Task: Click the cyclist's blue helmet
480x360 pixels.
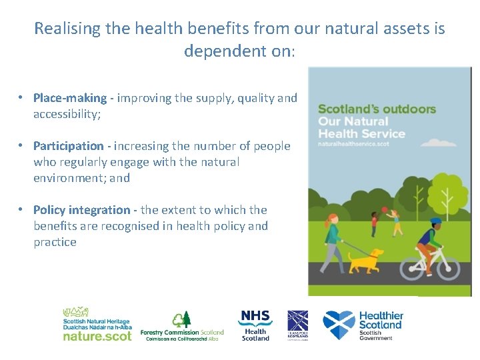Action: click(x=435, y=221)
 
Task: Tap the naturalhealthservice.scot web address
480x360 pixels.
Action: click(x=353, y=144)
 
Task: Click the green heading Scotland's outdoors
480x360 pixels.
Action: click(x=377, y=109)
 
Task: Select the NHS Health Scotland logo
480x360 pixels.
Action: click(x=255, y=325)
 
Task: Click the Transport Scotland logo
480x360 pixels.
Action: click(x=297, y=325)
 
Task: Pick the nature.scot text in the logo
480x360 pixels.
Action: click(x=97, y=336)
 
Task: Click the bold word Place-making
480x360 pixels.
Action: click(x=70, y=98)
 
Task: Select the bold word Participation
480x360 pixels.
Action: click(x=69, y=146)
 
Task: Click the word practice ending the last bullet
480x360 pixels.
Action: click(x=55, y=242)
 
